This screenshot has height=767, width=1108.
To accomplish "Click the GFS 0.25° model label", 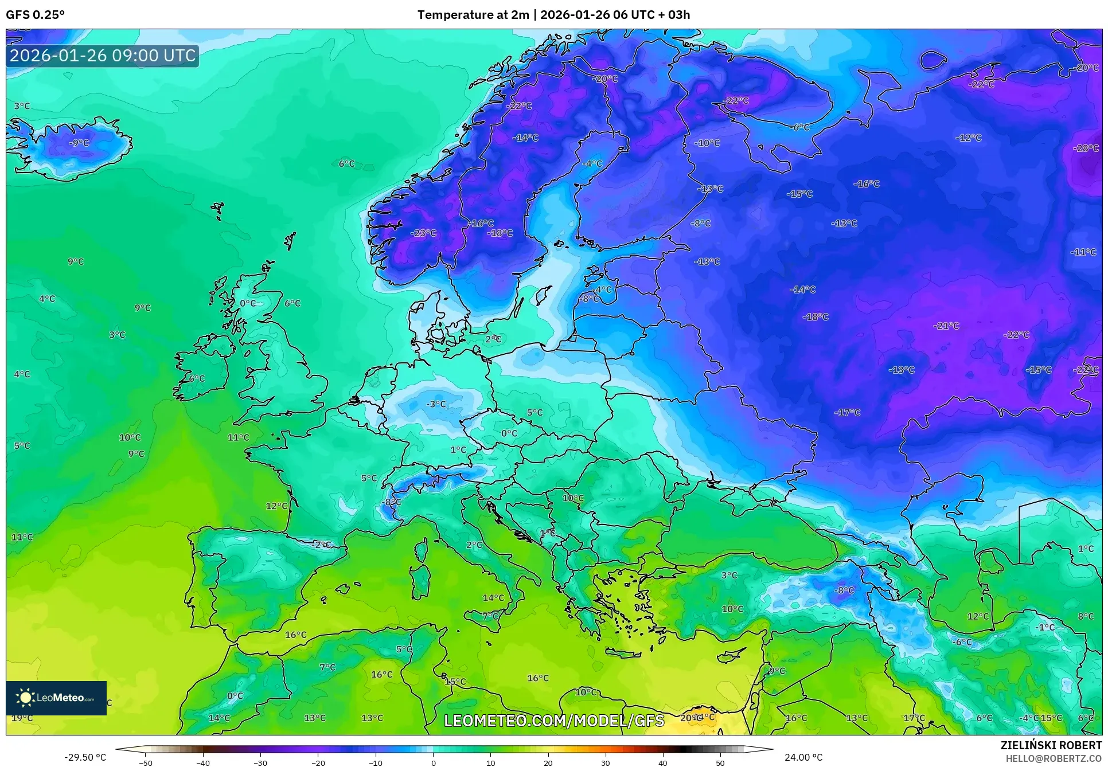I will (x=35, y=15).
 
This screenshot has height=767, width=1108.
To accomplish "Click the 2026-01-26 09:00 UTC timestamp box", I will (x=103, y=56).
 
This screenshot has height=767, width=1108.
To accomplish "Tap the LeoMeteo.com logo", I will (x=56, y=698).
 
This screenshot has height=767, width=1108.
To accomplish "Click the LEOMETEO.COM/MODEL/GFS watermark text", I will (x=554, y=721).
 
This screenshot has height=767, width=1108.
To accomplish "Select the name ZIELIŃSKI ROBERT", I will (x=1051, y=745).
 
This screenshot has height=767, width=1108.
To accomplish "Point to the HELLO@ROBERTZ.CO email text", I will (x=1053, y=758).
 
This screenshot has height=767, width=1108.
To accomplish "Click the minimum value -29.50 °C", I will (x=85, y=757).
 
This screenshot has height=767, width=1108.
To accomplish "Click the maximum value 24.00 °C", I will (x=803, y=757).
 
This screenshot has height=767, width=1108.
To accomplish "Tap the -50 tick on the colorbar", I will (x=146, y=763).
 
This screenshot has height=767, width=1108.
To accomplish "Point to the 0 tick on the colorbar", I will (x=433, y=763).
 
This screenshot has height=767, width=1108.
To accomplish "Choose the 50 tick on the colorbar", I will (x=720, y=763).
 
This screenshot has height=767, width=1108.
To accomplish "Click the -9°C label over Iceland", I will (x=79, y=143).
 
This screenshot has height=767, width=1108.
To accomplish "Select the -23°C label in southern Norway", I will (x=423, y=233).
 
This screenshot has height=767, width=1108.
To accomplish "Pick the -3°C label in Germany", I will (x=436, y=404).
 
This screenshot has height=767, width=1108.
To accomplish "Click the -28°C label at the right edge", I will (x=1086, y=148).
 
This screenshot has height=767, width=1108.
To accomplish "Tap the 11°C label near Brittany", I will (x=239, y=437).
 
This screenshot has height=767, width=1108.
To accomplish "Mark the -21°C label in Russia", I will (x=946, y=326).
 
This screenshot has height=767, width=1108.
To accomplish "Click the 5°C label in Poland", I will (x=535, y=412).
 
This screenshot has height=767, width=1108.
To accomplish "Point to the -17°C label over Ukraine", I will (x=847, y=412).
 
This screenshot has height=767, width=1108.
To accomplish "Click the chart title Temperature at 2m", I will (x=473, y=15).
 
